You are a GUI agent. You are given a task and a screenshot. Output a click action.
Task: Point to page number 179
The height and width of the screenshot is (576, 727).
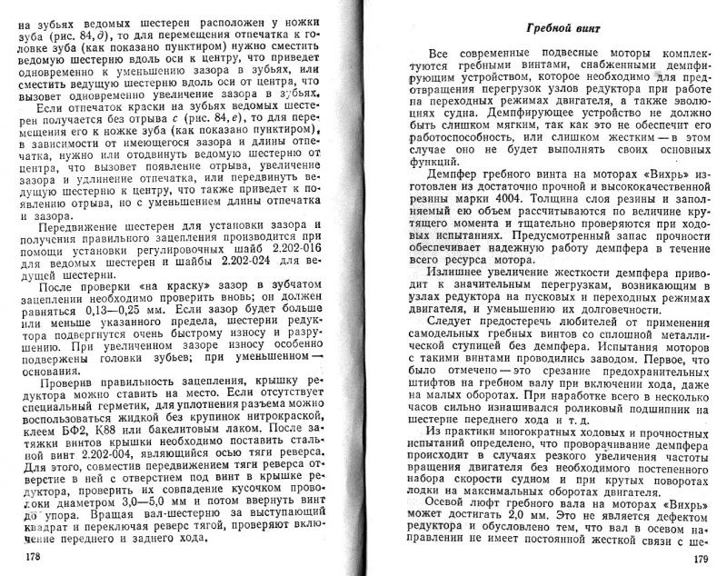(x=700, y=558)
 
